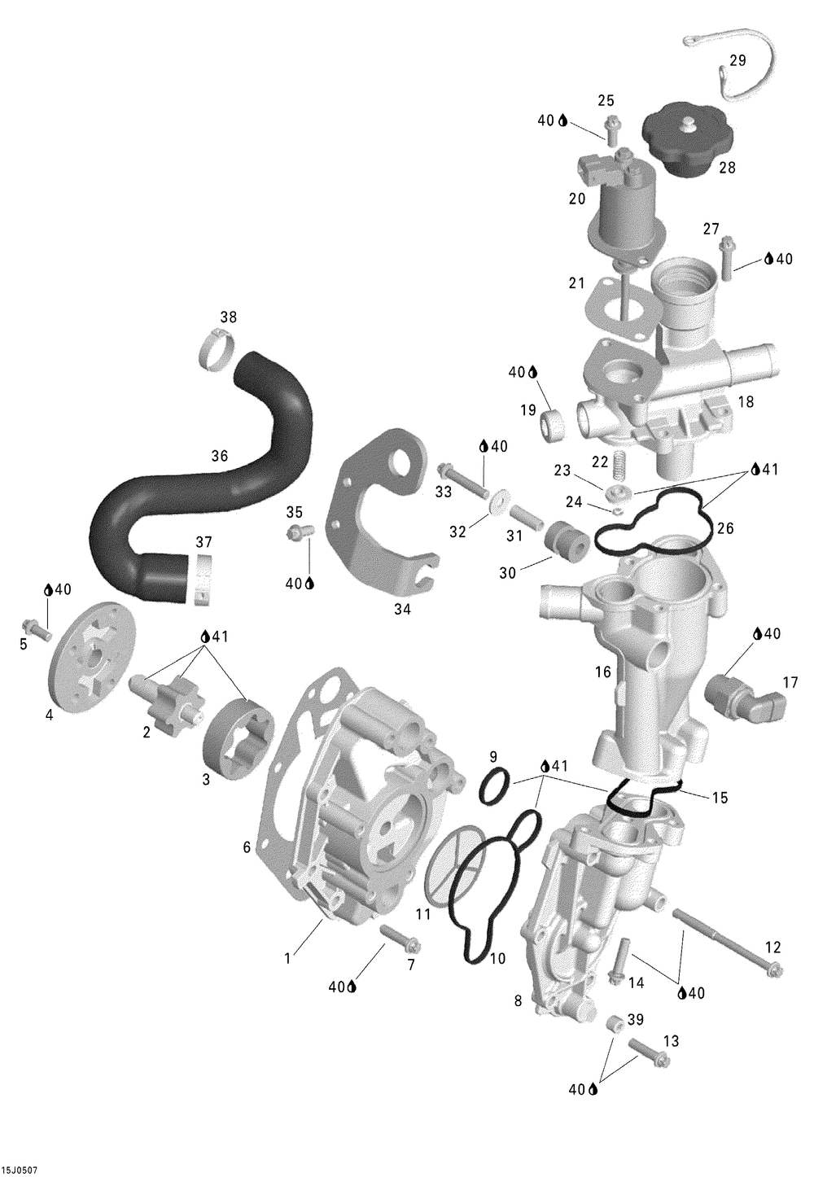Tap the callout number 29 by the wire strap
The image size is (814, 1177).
coord(737,60)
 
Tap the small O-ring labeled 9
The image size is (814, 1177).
coord(494,786)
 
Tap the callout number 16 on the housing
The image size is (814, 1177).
coord(603,672)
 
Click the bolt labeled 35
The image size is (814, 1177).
coord(299,532)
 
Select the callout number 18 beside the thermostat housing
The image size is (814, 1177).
coord(745,402)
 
